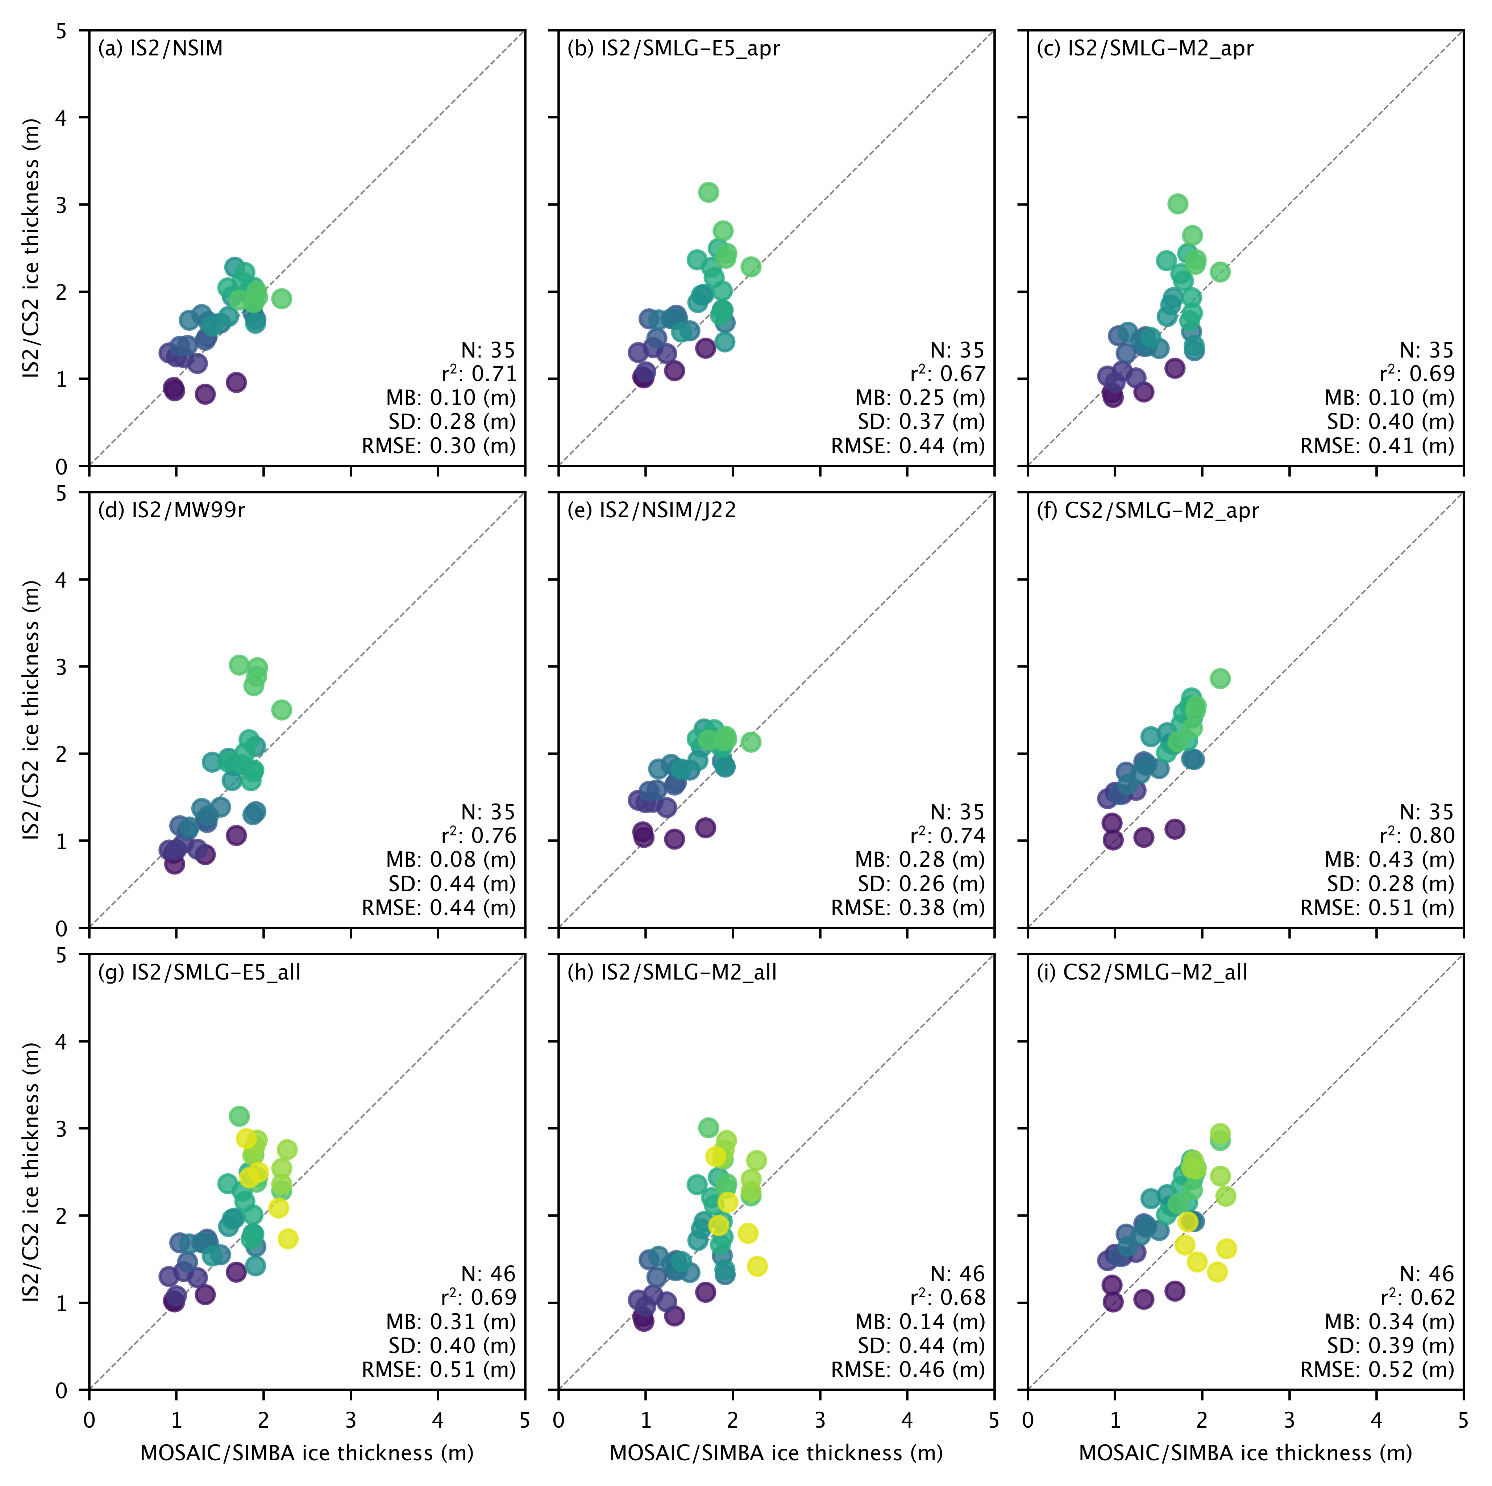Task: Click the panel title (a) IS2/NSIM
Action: [x=160, y=49]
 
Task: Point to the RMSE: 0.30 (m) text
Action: [x=439, y=446]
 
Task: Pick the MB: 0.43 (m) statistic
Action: [x=1389, y=860]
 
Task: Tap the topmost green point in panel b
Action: [x=708, y=192]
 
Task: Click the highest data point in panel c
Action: [x=1178, y=204]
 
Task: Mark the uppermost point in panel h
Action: [x=708, y=1128]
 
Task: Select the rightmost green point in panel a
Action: [x=282, y=299]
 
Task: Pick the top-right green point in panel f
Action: [x=1220, y=679]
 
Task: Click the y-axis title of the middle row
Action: [x=31, y=710]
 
